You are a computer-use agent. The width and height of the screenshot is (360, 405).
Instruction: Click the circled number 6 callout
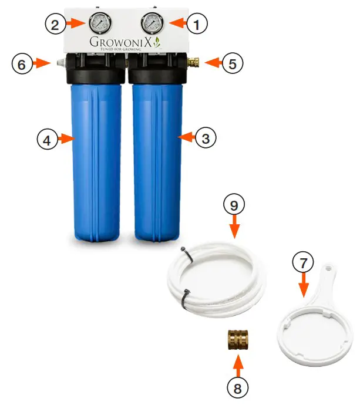coord(21,63)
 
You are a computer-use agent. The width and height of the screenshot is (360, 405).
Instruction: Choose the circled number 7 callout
coord(304,265)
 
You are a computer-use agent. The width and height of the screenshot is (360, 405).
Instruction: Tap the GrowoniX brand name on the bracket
coord(121,43)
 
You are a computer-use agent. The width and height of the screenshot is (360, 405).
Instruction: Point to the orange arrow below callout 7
coord(304,287)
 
